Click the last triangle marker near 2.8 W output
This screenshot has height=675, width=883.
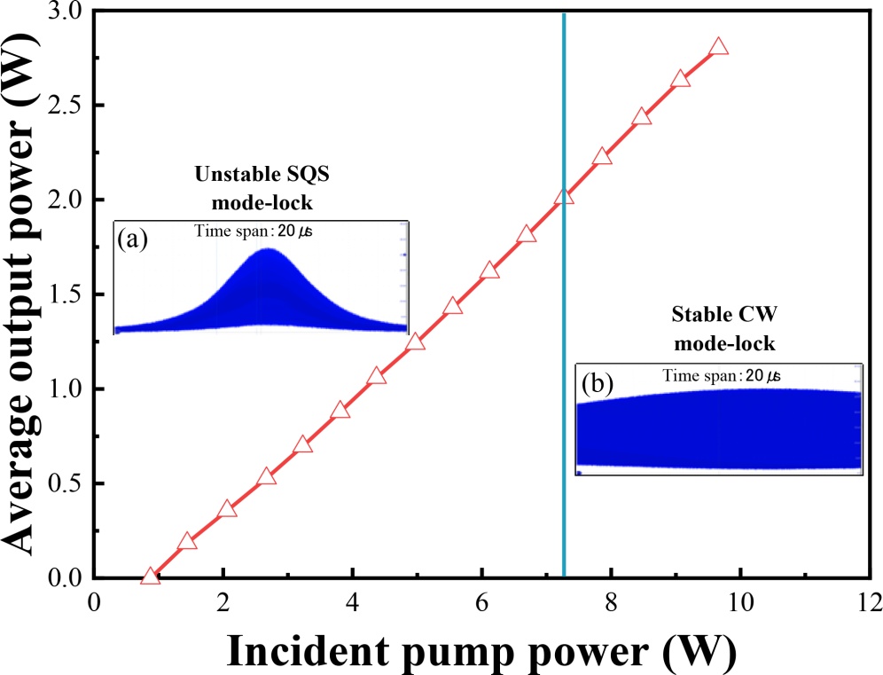point(719,47)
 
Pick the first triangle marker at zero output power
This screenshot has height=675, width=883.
point(150,577)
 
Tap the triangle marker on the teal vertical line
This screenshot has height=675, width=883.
point(564,197)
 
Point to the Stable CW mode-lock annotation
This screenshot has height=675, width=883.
point(717,328)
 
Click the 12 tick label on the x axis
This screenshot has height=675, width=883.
point(870,604)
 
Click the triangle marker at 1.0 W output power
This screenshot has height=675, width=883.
point(377,376)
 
